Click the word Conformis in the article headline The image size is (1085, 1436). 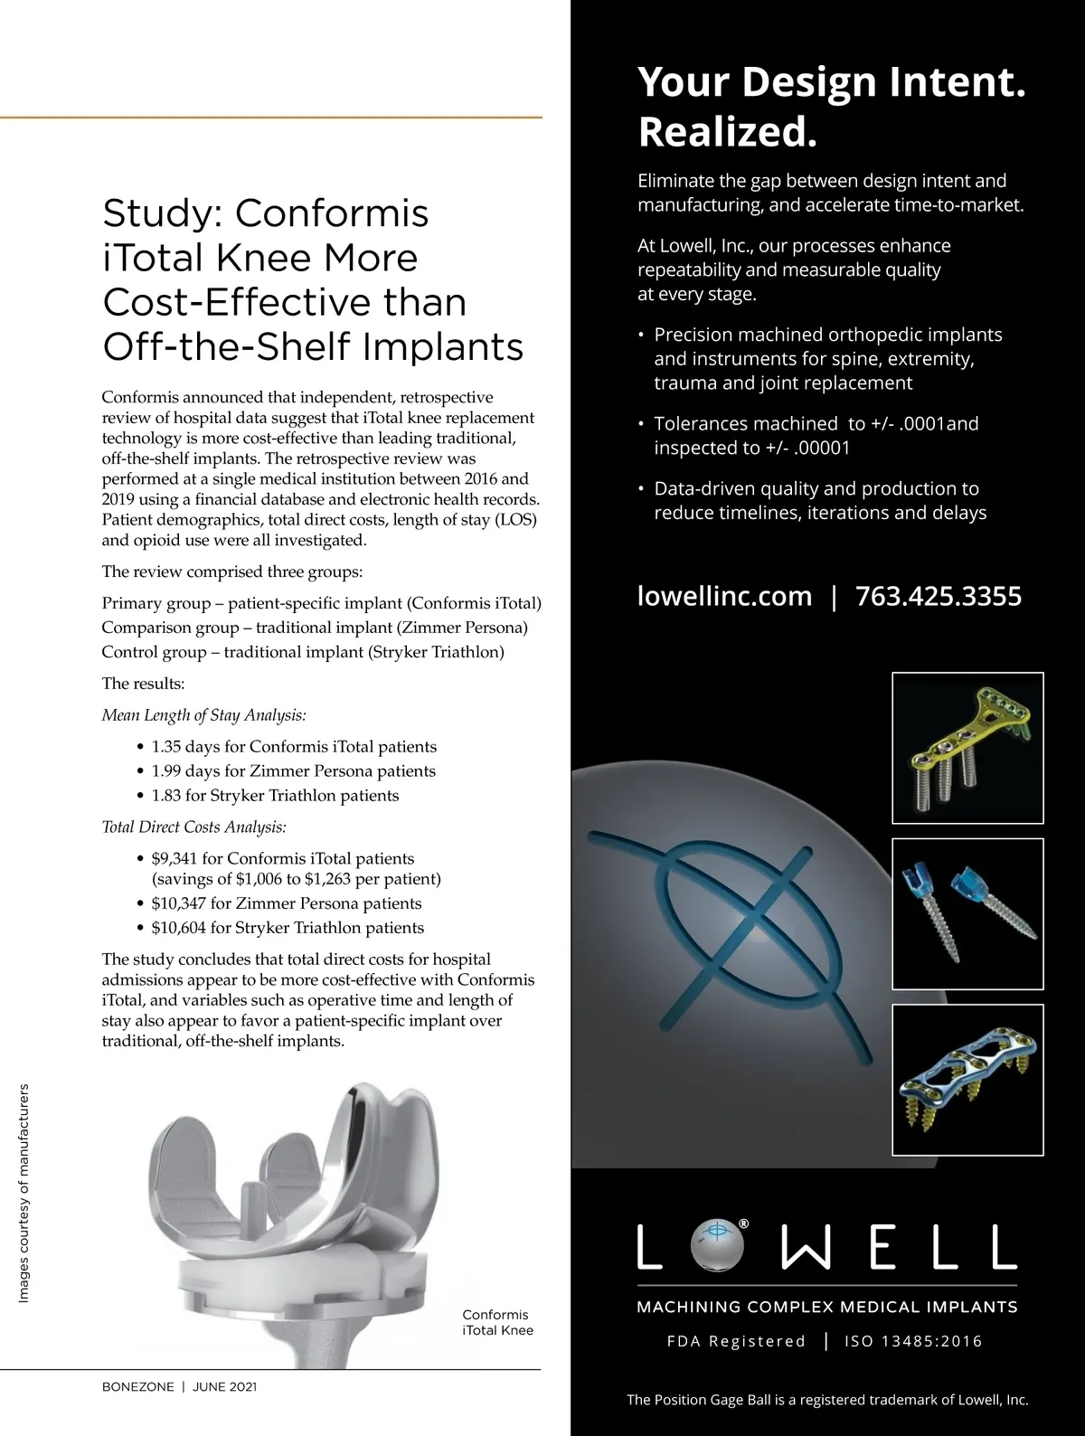tap(332, 213)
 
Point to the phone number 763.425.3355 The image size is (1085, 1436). tap(938, 596)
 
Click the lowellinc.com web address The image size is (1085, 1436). tap(724, 596)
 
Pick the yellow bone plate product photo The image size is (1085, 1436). tap(967, 748)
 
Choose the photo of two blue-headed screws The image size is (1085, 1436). tap(967, 913)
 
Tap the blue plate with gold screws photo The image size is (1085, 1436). tap(967, 1080)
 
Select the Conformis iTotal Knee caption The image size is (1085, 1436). tap(497, 1322)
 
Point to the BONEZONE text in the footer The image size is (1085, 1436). tap(137, 1387)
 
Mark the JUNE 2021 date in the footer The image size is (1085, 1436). tap(224, 1387)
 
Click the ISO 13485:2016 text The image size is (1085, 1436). tap(913, 1341)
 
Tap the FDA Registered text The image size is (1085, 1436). tap(736, 1341)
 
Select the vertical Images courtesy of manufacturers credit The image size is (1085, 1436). tap(24, 1194)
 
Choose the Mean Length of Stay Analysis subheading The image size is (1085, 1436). tap(203, 715)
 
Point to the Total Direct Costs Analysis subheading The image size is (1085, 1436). tap(193, 827)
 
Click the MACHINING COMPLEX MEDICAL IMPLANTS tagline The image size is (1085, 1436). tap(826, 1307)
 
